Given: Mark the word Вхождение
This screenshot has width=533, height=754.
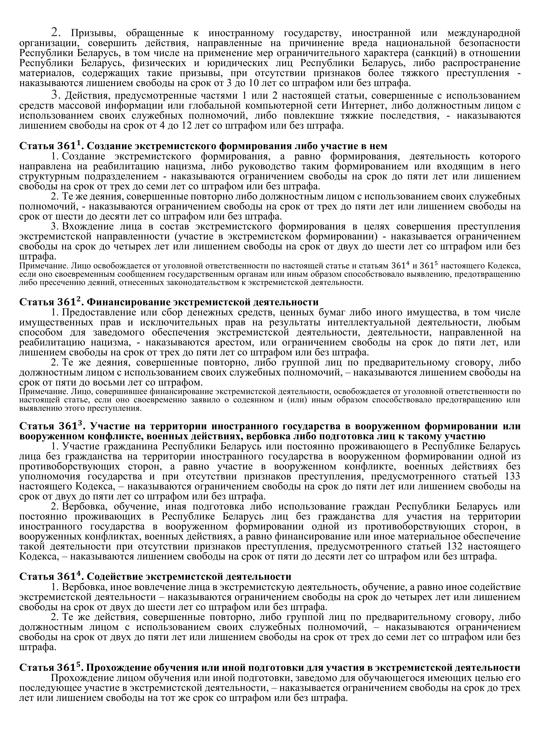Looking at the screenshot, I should (x=84, y=227).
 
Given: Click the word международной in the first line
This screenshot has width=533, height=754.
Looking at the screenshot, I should (x=484, y=33).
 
